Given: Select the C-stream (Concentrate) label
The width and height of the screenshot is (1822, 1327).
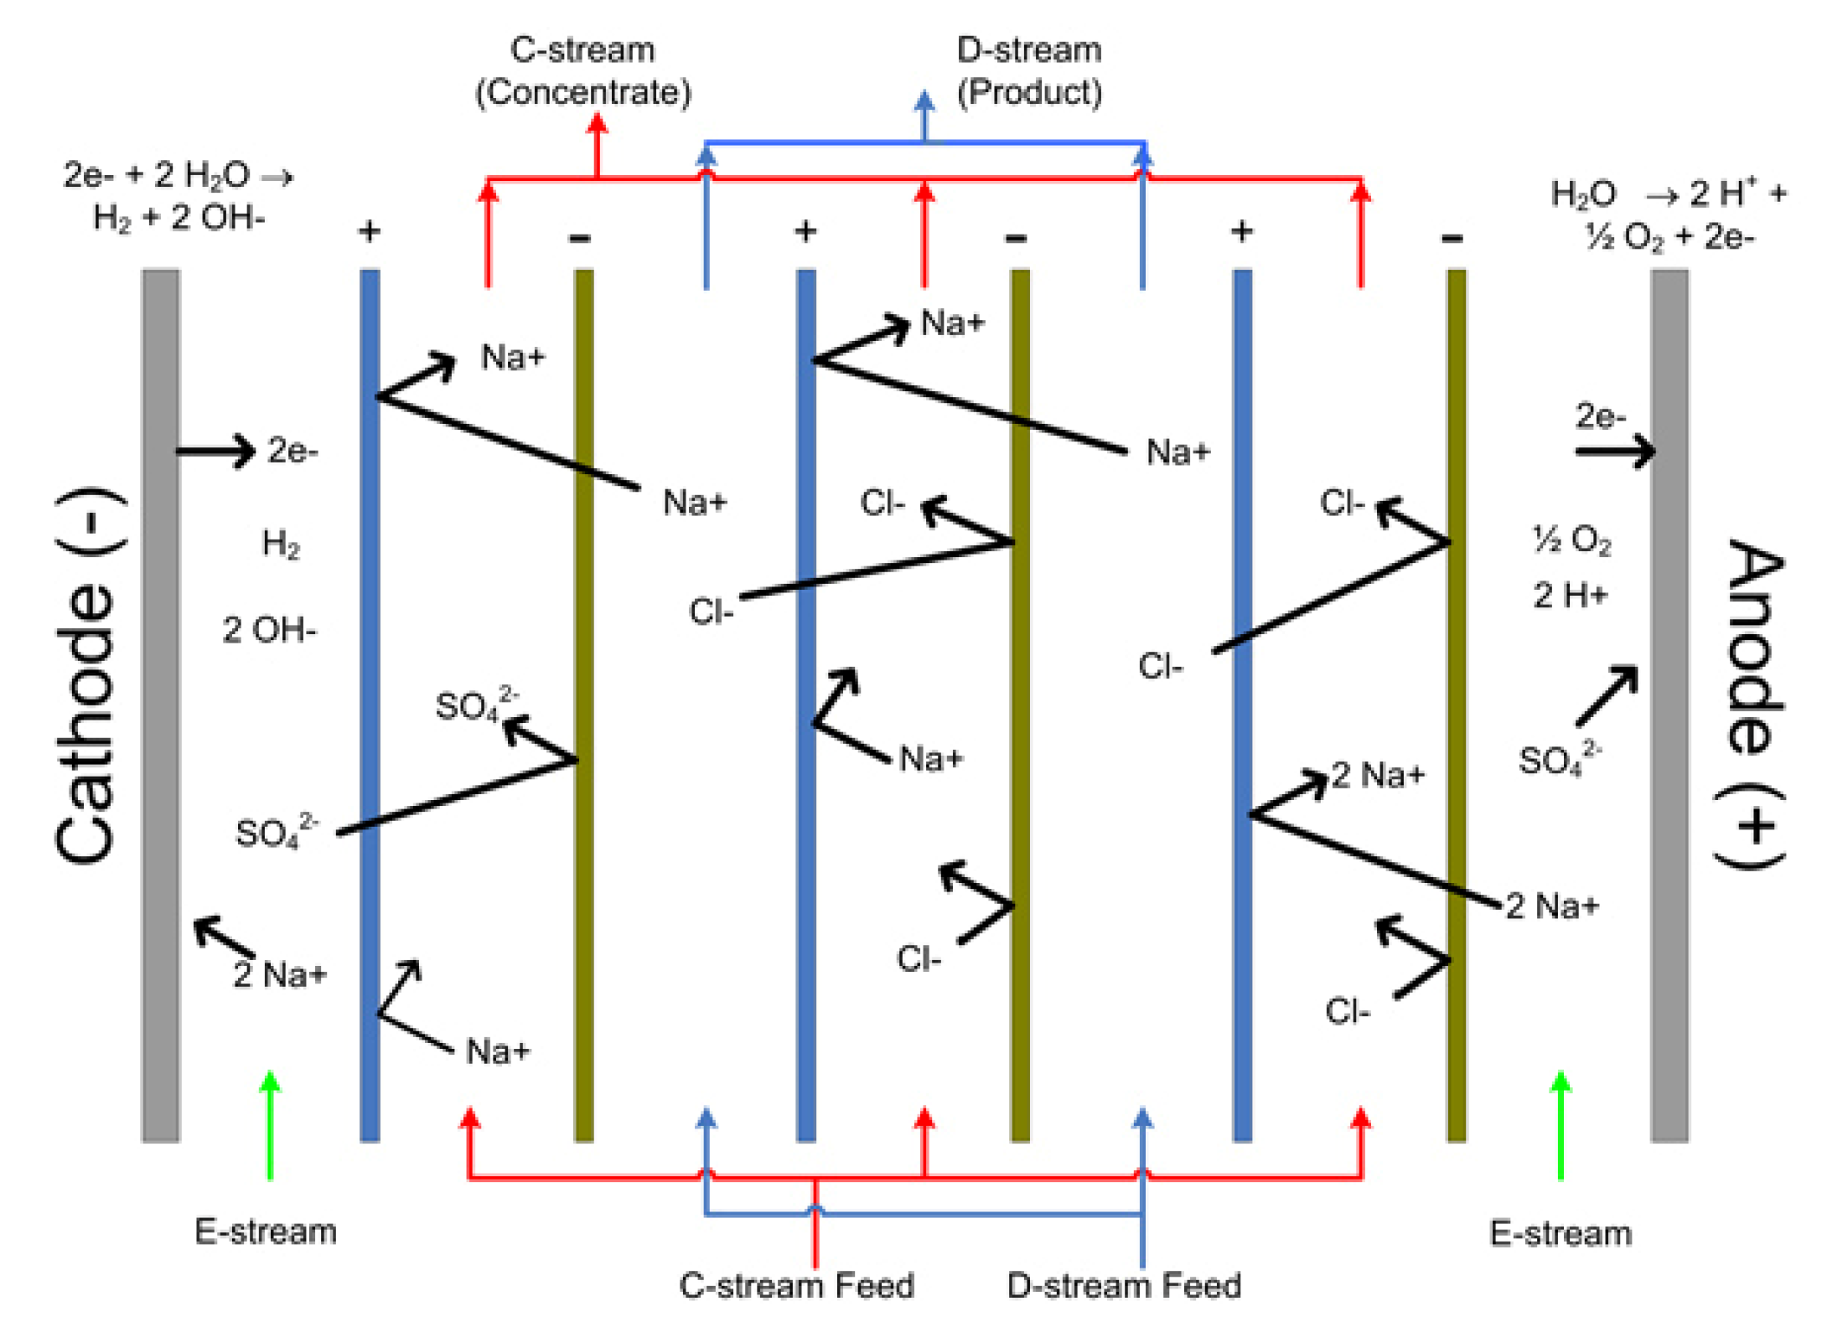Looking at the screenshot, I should (583, 71).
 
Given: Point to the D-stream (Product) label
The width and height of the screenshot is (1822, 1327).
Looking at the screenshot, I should (1029, 71).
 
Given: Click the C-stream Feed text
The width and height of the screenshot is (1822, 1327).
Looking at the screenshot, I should (796, 1285).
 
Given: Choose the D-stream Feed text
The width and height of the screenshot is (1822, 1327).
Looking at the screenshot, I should (1124, 1285).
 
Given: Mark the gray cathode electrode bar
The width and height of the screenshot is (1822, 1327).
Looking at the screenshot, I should (160, 704).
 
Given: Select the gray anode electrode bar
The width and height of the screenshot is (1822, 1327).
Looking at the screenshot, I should (1669, 704).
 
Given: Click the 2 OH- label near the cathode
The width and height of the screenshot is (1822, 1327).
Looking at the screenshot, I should (269, 630).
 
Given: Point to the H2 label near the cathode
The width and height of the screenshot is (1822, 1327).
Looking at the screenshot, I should (281, 545).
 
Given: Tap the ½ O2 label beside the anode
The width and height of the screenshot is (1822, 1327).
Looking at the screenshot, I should (1571, 540).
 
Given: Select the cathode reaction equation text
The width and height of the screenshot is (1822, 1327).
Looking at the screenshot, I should (179, 196).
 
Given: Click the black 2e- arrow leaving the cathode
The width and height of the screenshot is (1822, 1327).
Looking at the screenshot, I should (215, 452).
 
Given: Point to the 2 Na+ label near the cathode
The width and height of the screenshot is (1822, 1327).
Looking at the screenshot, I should (280, 974).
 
